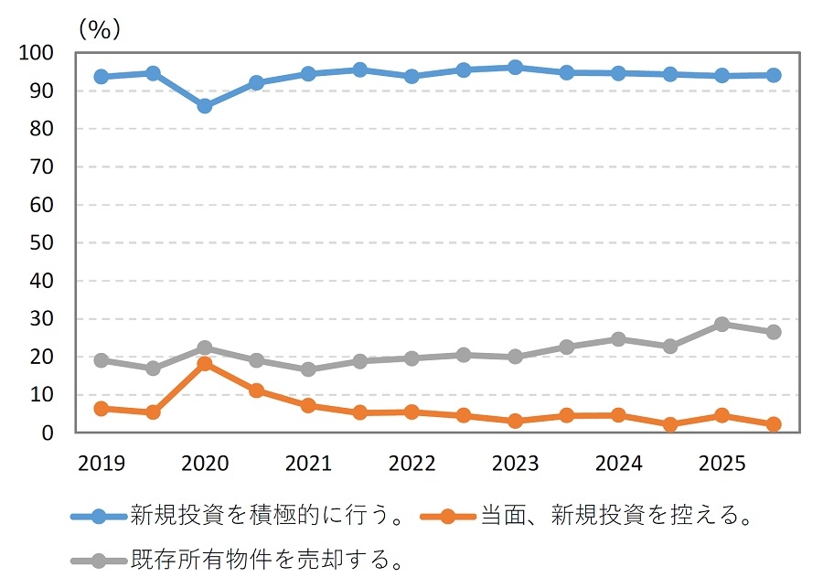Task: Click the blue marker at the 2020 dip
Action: tap(204, 106)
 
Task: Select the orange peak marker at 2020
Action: tap(204, 364)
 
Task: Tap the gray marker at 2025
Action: tap(721, 324)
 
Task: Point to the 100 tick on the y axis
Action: tap(37, 53)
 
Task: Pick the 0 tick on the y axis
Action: tap(47, 433)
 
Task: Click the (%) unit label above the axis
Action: tap(99, 29)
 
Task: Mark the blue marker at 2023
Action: tap(515, 68)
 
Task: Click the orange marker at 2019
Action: tap(101, 409)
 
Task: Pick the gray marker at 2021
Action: tap(307, 369)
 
